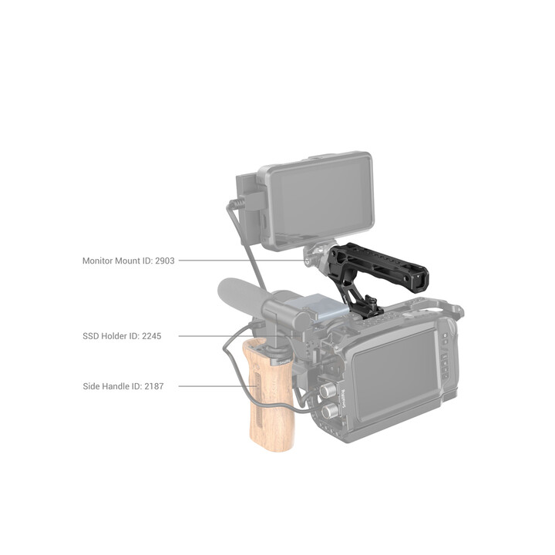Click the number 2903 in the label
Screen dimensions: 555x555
165,261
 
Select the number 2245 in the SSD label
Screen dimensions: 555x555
152,336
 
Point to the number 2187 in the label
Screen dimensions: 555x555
154,386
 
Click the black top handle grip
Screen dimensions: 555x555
378,264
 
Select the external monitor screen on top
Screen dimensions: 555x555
321,202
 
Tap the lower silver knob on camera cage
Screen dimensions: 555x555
330,412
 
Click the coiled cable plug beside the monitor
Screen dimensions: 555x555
237,204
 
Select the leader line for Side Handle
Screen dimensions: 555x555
217,386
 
